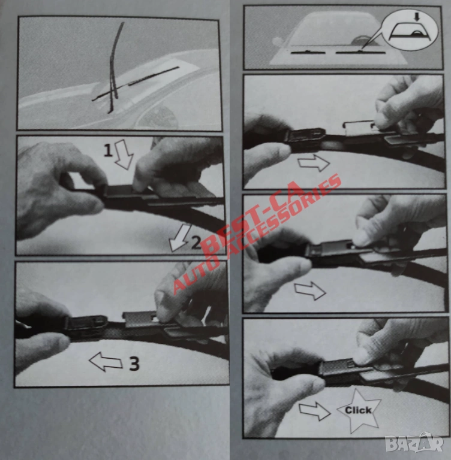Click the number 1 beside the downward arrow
click(108, 151)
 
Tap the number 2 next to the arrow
click(197, 243)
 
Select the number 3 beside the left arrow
click(134, 364)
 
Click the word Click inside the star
click(358, 410)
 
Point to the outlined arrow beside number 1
click(124, 155)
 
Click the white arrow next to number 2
click(179, 238)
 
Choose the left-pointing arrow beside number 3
click(106, 362)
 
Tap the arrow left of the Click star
click(315, 411)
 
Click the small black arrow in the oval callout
click(416, 17)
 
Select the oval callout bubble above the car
click(411, 29)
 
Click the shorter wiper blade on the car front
click(308, 53)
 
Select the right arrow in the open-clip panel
click(314, 163)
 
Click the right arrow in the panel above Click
click(310, 290)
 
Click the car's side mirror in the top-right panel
click(276, 41)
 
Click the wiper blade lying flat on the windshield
click(135, 84)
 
